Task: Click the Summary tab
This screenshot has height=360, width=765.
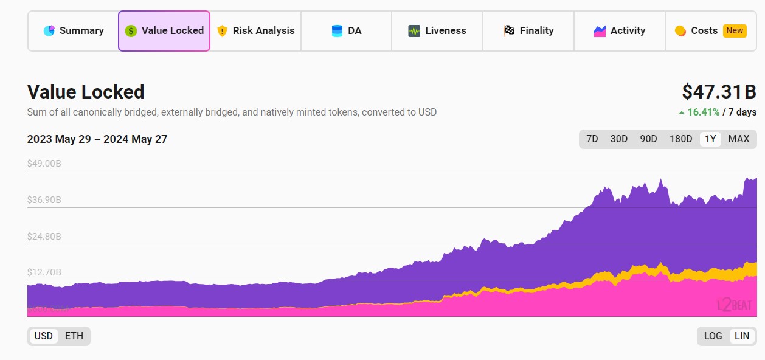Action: click(74, 31)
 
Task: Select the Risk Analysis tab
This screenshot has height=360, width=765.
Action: click(255, 31)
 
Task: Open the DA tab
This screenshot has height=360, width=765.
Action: click(347, 31)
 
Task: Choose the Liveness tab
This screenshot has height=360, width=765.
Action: click(437, 31)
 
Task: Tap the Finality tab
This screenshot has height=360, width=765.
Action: click(528, 31)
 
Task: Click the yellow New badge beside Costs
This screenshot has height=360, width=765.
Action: click(735, 31)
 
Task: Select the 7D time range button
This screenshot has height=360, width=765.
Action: click(592, 139)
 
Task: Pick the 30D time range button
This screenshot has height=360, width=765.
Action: click(618, 139)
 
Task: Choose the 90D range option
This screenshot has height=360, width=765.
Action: click(648, 139)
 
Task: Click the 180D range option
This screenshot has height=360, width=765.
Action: click(680, 139)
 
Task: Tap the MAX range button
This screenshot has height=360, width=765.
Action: click(738, 139)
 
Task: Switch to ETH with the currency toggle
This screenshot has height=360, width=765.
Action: click(74, 336)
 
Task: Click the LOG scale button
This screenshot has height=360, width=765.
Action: click(713, 336)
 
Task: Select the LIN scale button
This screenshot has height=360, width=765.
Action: click(742, 336)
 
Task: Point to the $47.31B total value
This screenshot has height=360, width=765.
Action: click(719, 92)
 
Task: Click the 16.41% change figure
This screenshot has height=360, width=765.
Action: click(703, 112)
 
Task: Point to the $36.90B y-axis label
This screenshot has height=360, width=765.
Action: click(44, 200)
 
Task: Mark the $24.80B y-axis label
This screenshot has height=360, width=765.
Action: click(44, 237)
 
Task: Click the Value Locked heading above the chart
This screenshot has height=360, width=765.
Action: click(86, 92)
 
